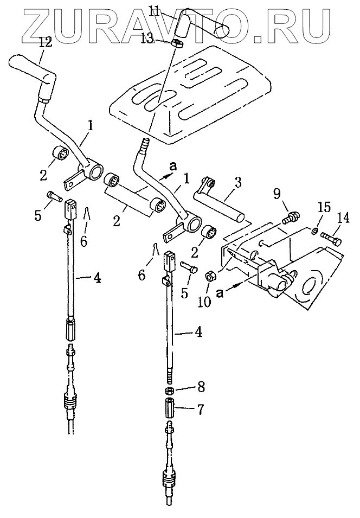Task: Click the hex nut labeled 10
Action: tap(211, 276)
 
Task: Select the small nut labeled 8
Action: tap(169, 390)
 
